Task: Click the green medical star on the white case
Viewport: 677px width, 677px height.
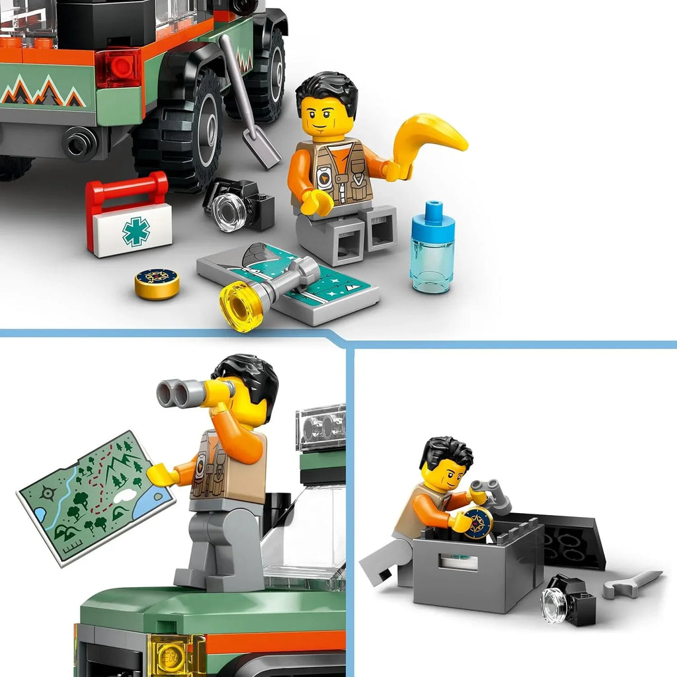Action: [x=136, y=231]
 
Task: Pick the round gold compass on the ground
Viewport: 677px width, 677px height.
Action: [x=157, y=283]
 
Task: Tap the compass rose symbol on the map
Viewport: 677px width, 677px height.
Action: [x=47, y=493]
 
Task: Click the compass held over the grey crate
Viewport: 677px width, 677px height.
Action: [x=479, y=523]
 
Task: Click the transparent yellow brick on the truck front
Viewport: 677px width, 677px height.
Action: [x=174, y=655]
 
